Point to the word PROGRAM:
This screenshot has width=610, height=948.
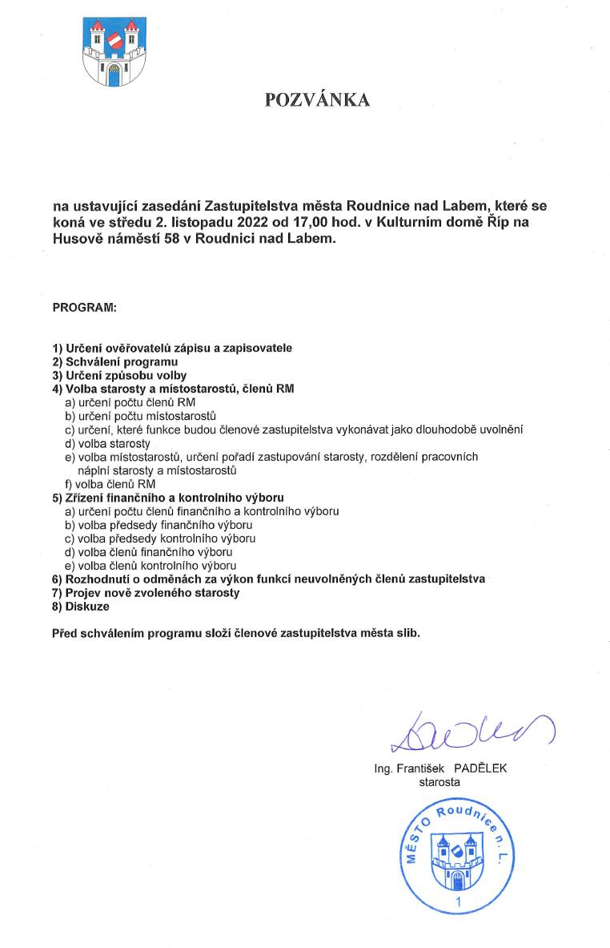click(84, 307)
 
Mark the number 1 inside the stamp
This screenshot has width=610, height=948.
click(457, 903)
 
